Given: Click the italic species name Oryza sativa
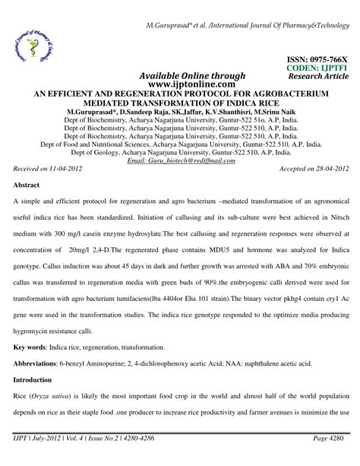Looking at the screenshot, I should pos(56,417).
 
